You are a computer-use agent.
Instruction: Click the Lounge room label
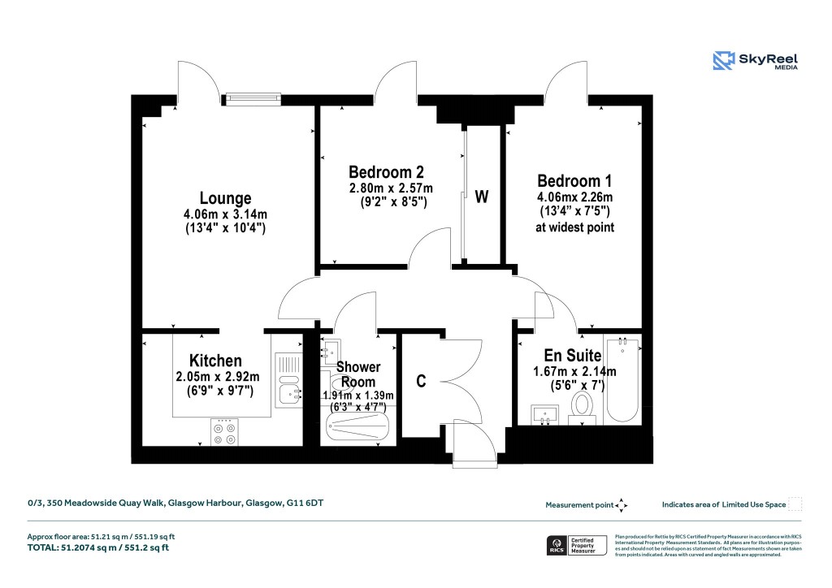point(225,198)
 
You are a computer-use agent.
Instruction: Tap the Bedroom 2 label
point(386,172)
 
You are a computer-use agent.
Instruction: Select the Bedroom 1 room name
point(574,181)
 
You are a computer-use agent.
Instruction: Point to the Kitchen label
point(215,361)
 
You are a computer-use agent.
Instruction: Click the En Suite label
point(572,355)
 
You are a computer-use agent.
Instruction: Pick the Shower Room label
point(358,374)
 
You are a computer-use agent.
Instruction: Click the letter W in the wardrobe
point(482,197)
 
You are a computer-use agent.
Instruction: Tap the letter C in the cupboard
point(422,382)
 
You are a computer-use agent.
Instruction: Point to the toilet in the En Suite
point(582,404)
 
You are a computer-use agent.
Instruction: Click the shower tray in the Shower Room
point(358,425)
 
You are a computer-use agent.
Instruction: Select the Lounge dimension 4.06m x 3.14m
point(225,214)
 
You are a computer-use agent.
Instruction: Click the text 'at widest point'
point(574,227)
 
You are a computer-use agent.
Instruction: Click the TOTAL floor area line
point(98,548)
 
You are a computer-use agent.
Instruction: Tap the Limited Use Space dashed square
point(795,504)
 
